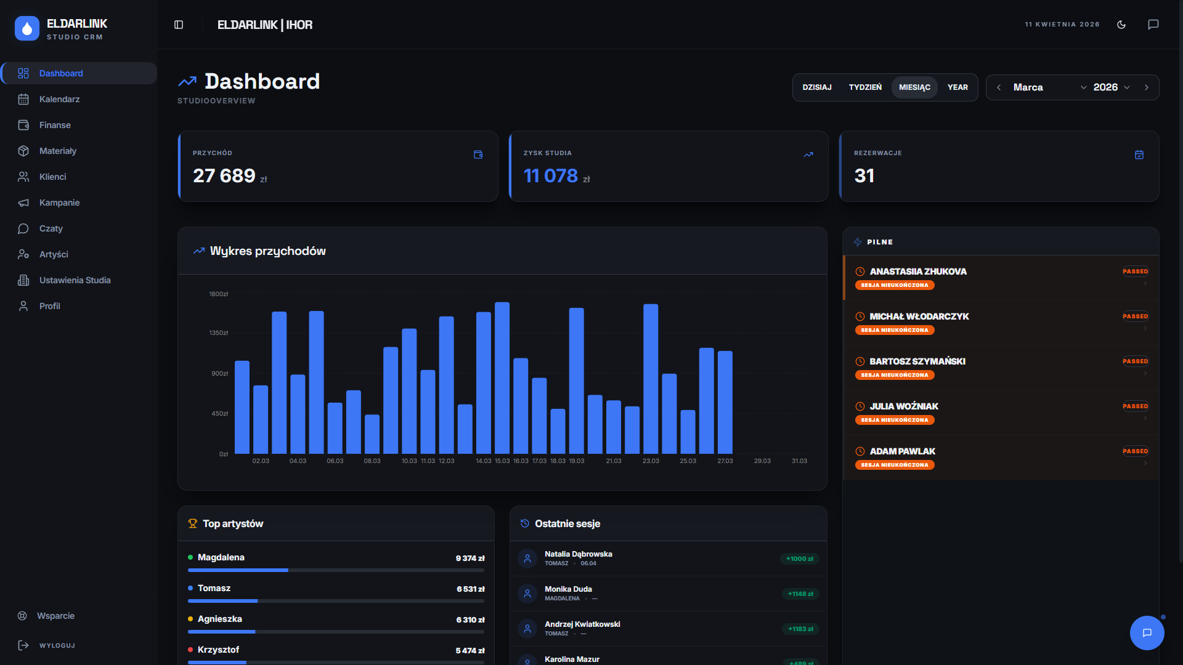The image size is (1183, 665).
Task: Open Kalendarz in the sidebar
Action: tap(59, 99)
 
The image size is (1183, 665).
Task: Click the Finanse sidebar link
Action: tap(55, 125)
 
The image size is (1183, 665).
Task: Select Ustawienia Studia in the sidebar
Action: tap(75, 280)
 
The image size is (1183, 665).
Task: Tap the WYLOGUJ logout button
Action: tap(57, 645)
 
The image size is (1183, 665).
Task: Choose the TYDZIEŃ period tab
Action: tap(865, 87)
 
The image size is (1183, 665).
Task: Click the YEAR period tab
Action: tap(957, 87)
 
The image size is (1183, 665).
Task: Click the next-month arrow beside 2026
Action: tap(1147, 87)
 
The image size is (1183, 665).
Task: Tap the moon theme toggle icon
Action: tap(1121, 25)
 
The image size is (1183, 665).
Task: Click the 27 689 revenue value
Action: tap(224, 176)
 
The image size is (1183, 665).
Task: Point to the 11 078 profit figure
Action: tap(551, 176)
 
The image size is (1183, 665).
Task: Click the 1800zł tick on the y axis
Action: tap(219, 294)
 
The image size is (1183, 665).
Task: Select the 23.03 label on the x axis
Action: tap(651, 461)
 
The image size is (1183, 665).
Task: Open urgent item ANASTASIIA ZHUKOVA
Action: tap(918, 272)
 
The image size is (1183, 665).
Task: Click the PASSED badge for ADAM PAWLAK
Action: tap(1135, 451)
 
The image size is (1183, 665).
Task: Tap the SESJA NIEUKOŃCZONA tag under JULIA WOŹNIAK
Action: tap(895, 420)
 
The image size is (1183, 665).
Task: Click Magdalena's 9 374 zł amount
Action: tap(470, 558)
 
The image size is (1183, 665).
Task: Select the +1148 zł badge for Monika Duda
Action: tap(800, 594)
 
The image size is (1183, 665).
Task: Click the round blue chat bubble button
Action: tap(1147, 633)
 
